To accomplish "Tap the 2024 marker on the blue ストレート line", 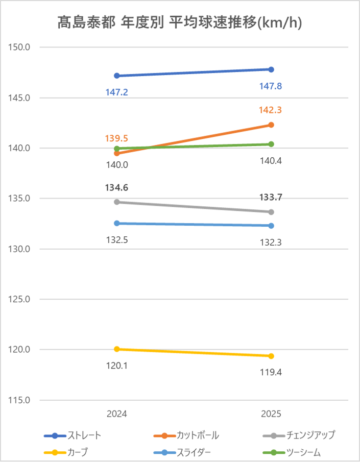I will (117, 76).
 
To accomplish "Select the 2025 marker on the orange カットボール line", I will (271, 125).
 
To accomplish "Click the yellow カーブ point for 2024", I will (117, 349).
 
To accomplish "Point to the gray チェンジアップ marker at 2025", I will (271, 212).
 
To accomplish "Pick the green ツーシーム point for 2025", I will (271, 144).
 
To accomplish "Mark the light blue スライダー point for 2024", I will (117, 223).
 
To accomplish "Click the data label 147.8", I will (271, 86).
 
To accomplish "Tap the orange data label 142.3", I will (271, 110).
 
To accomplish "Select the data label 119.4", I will (271, 372).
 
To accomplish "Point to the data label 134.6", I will (117, 187).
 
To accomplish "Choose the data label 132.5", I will (117, 239).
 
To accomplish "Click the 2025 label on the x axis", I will (271, 414).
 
